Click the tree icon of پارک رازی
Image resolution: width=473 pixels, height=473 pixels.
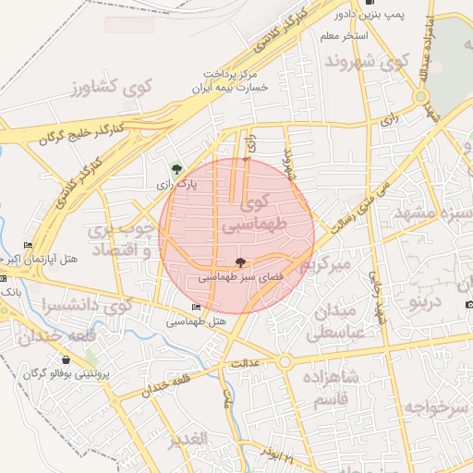coord(176,169)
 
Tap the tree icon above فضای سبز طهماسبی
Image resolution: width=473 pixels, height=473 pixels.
coord(241,263)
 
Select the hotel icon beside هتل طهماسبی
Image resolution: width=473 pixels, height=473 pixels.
coord(196,308)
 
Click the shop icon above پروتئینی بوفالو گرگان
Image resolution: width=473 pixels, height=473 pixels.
coord(67,359)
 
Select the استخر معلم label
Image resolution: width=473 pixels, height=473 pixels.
coord(344,35)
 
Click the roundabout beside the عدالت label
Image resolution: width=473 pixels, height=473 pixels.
coord(285,362)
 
